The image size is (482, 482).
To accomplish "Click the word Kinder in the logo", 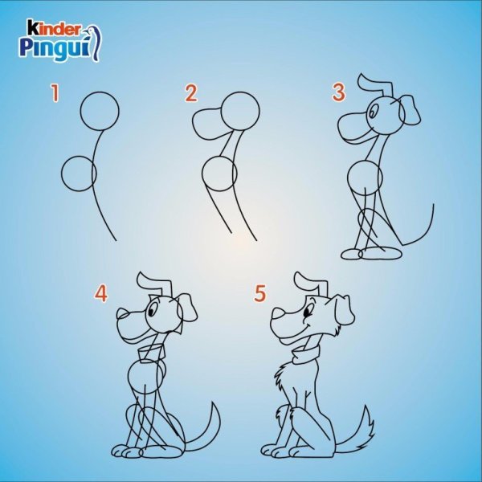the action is coord(54,28).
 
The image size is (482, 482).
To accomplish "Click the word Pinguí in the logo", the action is coord(55,47).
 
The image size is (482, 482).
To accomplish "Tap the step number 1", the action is coord(55,93).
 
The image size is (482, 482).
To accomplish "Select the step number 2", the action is coord(191,93).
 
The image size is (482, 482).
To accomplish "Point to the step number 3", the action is coord(339,92).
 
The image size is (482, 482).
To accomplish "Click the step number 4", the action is coord(101,293).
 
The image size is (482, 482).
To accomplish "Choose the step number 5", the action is coord(259,293).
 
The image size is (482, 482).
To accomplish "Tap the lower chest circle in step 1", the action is coord(62,174).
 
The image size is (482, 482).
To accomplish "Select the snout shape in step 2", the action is coord(193,123).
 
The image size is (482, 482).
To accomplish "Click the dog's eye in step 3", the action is coord(372,112).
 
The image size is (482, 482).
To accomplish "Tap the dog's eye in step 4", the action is coord(153,309).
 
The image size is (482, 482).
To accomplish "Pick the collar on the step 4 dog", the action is coord(151,353).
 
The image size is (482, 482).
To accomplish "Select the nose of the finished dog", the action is coord(279,314).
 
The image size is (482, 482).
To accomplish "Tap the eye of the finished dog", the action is coord(308,312).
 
